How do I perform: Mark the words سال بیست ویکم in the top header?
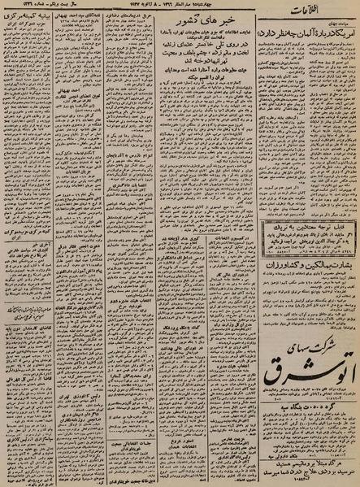point(81,7)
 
